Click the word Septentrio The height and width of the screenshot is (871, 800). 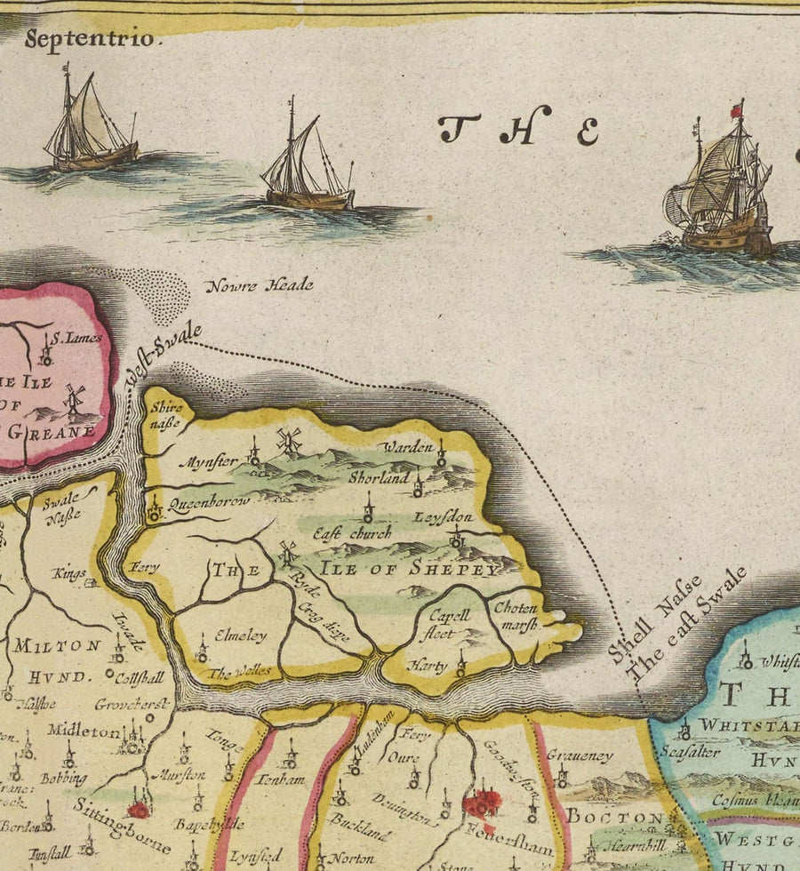(x=92, y=38)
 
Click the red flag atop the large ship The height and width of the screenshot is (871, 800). (x=736, y=110)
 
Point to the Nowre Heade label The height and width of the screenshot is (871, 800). (x=260, y=286)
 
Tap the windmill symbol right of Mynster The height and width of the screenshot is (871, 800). (x=288, y=440)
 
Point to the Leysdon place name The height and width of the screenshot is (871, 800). (x=443, y=517)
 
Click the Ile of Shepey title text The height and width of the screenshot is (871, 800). (x=409, y=569)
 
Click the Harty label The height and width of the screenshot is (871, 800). (x=427, y=665)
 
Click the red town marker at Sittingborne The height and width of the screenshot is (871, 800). (x=138, y=810)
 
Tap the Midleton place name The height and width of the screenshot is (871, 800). (x=84, y=731)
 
